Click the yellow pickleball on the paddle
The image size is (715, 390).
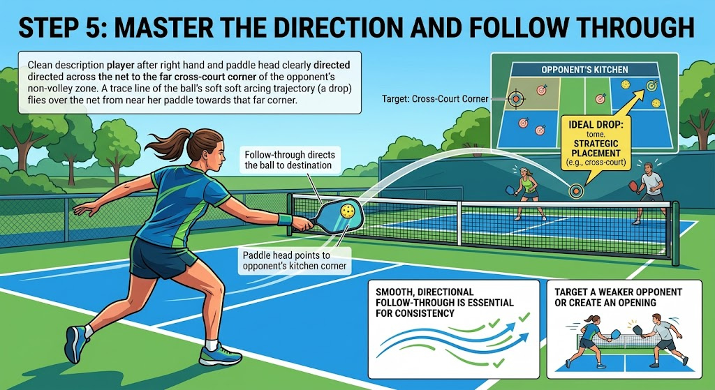pos(347,211)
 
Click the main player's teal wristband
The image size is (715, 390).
pos(285,220)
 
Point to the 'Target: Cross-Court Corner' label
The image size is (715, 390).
pos(435,98)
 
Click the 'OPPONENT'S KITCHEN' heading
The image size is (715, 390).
pos(584,70)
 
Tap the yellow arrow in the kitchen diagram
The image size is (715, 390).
pos(628,102)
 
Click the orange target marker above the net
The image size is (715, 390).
pos(576,191)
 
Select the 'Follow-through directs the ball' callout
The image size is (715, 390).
pos(290,160)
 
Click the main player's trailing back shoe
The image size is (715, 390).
pos(76,344)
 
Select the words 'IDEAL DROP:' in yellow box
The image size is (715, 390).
pos(595,124)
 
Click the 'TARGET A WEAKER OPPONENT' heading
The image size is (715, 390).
pos(619,292)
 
